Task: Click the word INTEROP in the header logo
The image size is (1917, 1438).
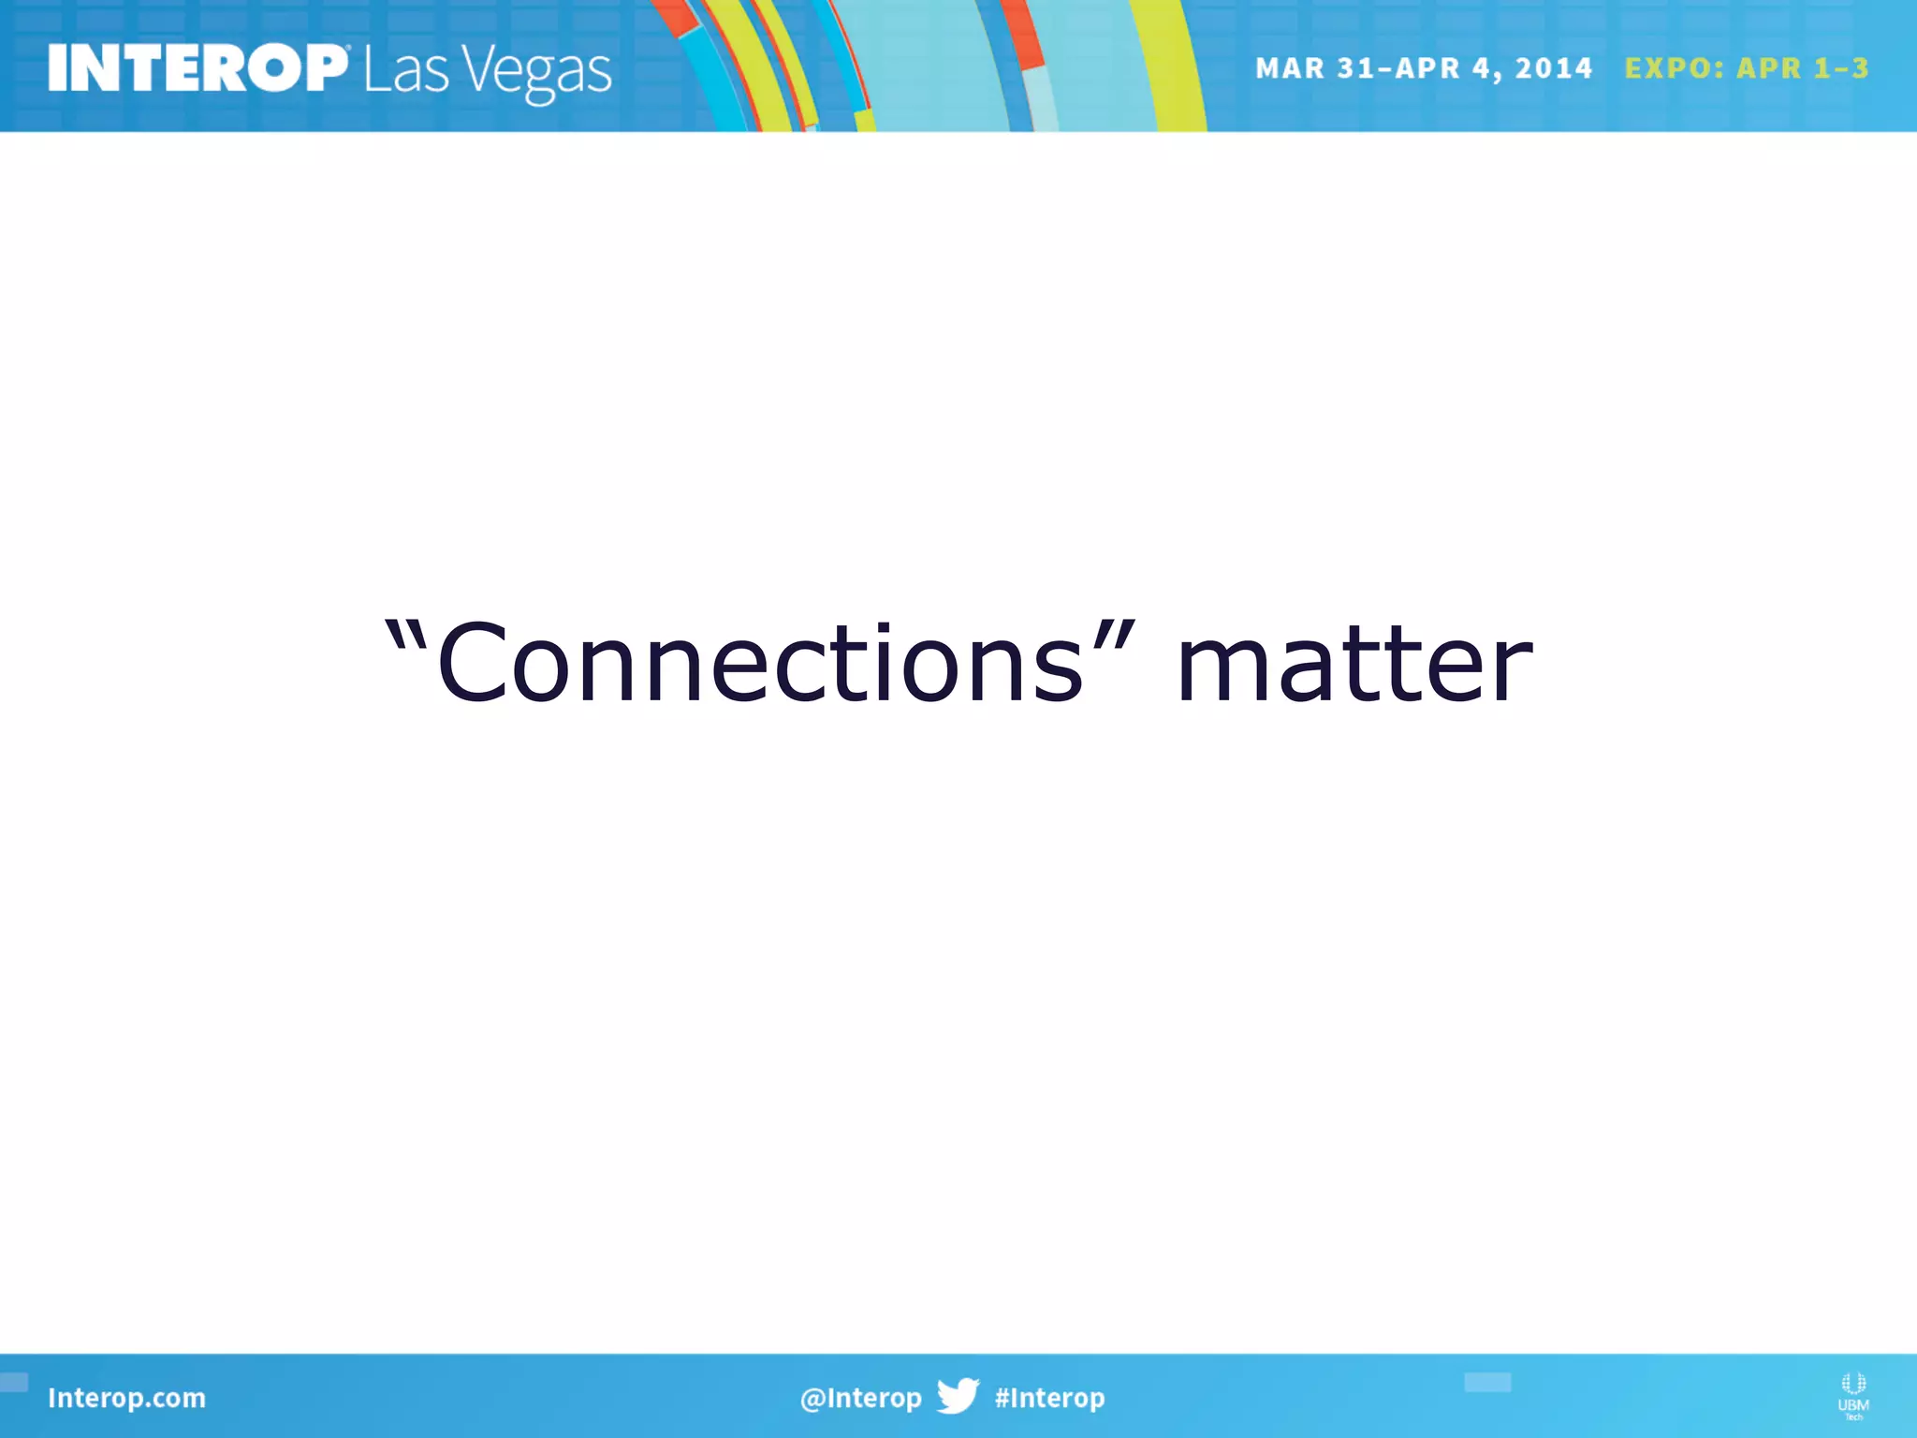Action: [198, 68]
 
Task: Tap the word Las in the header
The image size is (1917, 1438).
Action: [406, 71]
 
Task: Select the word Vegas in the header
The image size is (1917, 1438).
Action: [537, 73]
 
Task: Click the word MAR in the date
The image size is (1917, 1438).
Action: [1290, 68]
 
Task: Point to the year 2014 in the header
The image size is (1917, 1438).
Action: [1554, 68]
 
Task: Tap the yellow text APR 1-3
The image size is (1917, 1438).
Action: [1803, 68]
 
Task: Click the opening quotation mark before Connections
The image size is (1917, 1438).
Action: [406, 637]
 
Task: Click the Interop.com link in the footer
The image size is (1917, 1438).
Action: [126, 1398]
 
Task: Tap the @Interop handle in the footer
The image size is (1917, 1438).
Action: [860, 1398]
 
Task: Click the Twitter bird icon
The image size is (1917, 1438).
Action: [958, 1395]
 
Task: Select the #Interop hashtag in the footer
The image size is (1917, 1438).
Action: [1049, 1398]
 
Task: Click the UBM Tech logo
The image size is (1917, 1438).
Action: [1852, 1395]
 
